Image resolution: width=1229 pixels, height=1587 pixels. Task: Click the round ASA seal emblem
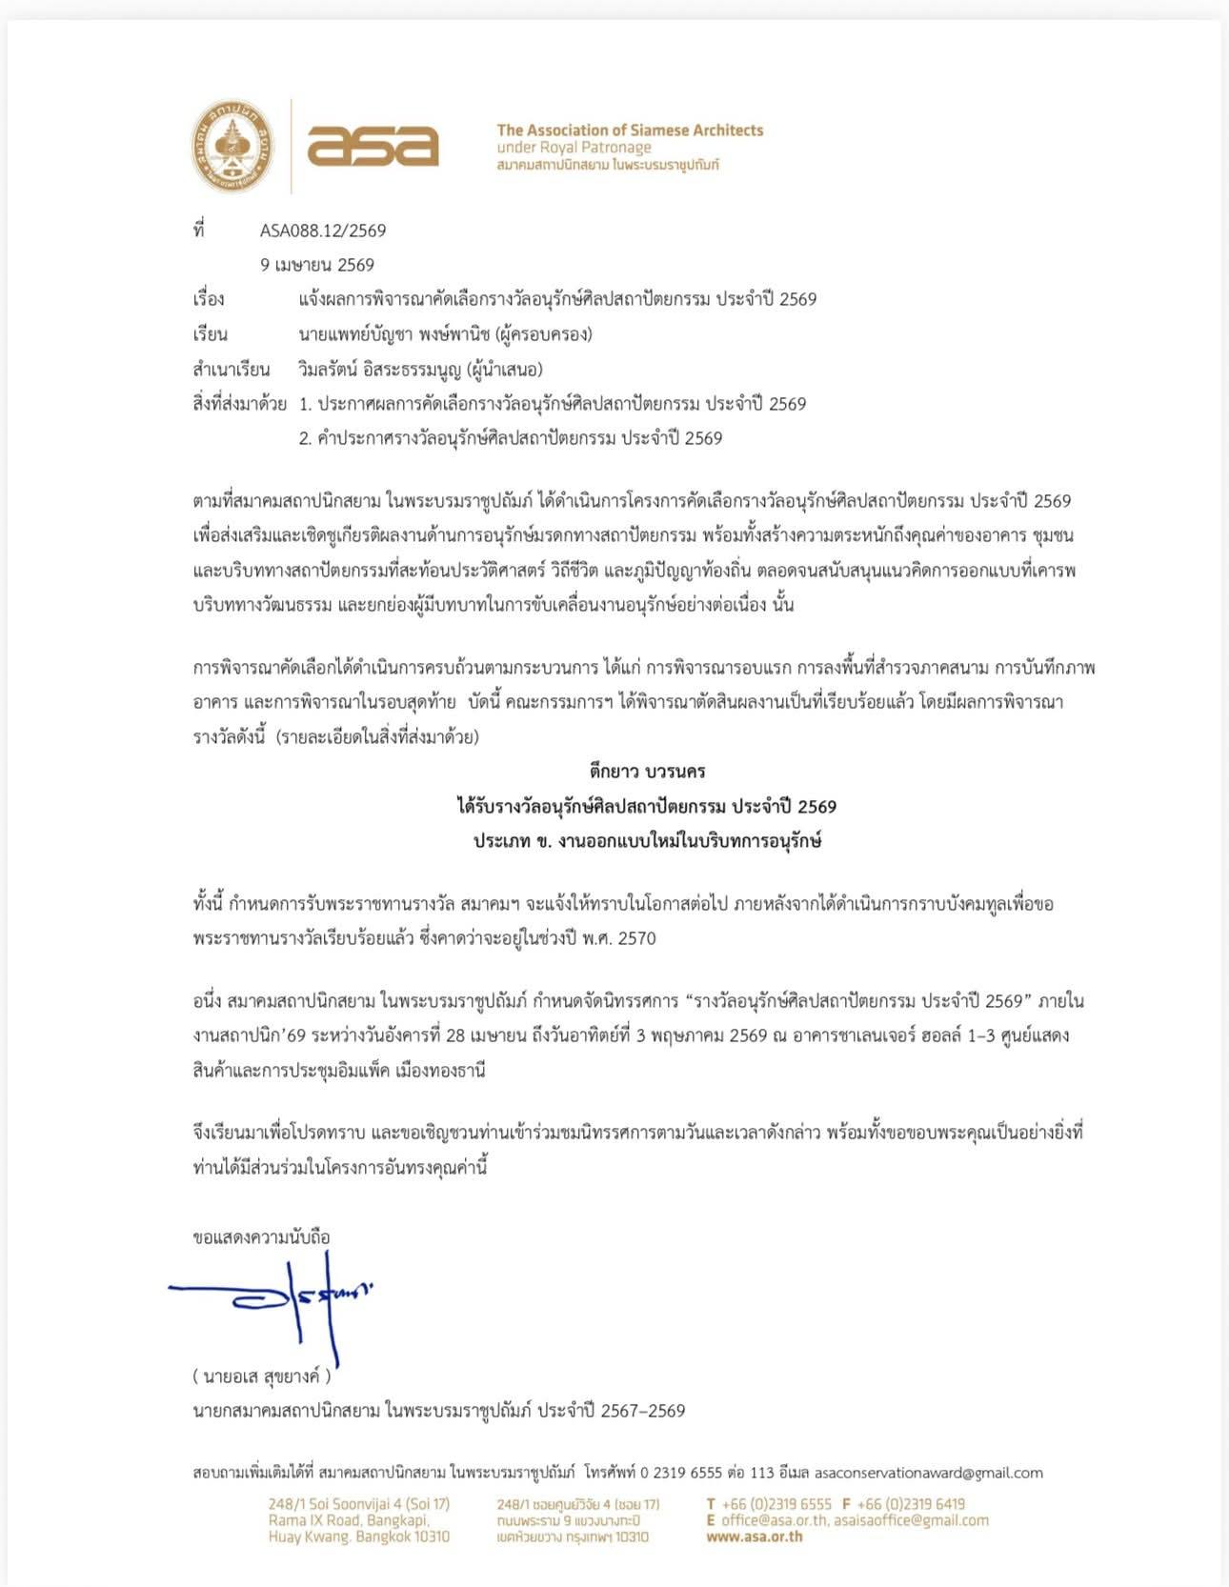pos(232,146)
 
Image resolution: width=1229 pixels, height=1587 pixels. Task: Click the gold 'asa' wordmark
pos(373,146)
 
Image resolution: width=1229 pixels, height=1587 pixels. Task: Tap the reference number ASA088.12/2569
pos(323,231)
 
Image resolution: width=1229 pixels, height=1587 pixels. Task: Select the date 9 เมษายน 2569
pos(317,265)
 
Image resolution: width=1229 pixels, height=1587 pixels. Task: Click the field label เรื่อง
pos(209,299)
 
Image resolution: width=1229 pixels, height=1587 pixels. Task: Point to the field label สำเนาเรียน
pos(232,369)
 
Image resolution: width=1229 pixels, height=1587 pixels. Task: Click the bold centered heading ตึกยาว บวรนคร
pos(647,771)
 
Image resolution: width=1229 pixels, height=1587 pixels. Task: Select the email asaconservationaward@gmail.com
pos(928,1473)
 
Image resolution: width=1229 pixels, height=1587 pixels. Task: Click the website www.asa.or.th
pos(755,1537)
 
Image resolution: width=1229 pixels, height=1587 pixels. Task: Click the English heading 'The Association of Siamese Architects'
pos(630,131)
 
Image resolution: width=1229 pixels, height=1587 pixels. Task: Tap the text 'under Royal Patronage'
pos(574,148)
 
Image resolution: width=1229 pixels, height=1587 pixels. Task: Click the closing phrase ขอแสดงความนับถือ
pos(261,1237)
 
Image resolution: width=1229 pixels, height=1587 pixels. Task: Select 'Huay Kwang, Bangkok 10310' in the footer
pos(358,1537)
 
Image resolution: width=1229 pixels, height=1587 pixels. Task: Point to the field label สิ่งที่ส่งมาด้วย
pos(239,404)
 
